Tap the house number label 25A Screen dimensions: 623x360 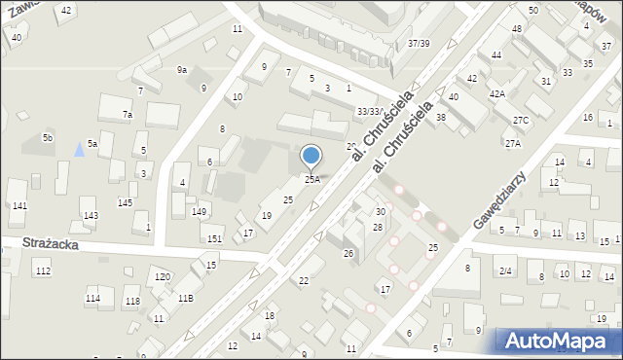pos(311,179)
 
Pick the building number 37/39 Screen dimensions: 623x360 pos(420,44)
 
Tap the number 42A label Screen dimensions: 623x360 pos(496,94)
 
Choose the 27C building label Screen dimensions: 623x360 pos(521,121)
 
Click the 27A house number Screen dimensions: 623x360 pos(512,143)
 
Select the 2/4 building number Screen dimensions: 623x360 pos(505,271)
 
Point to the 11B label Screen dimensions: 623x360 pos(184,299)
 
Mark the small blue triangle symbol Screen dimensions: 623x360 pos(79,149)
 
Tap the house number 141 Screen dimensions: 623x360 pos(18,206)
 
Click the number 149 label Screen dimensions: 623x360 pos(199,211)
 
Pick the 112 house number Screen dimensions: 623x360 pos(43,270)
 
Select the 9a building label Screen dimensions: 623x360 pos(181,69)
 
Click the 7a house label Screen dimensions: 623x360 pos(128,115)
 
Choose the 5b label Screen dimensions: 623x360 pos(47,138)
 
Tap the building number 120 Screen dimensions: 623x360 pos(163,277)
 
